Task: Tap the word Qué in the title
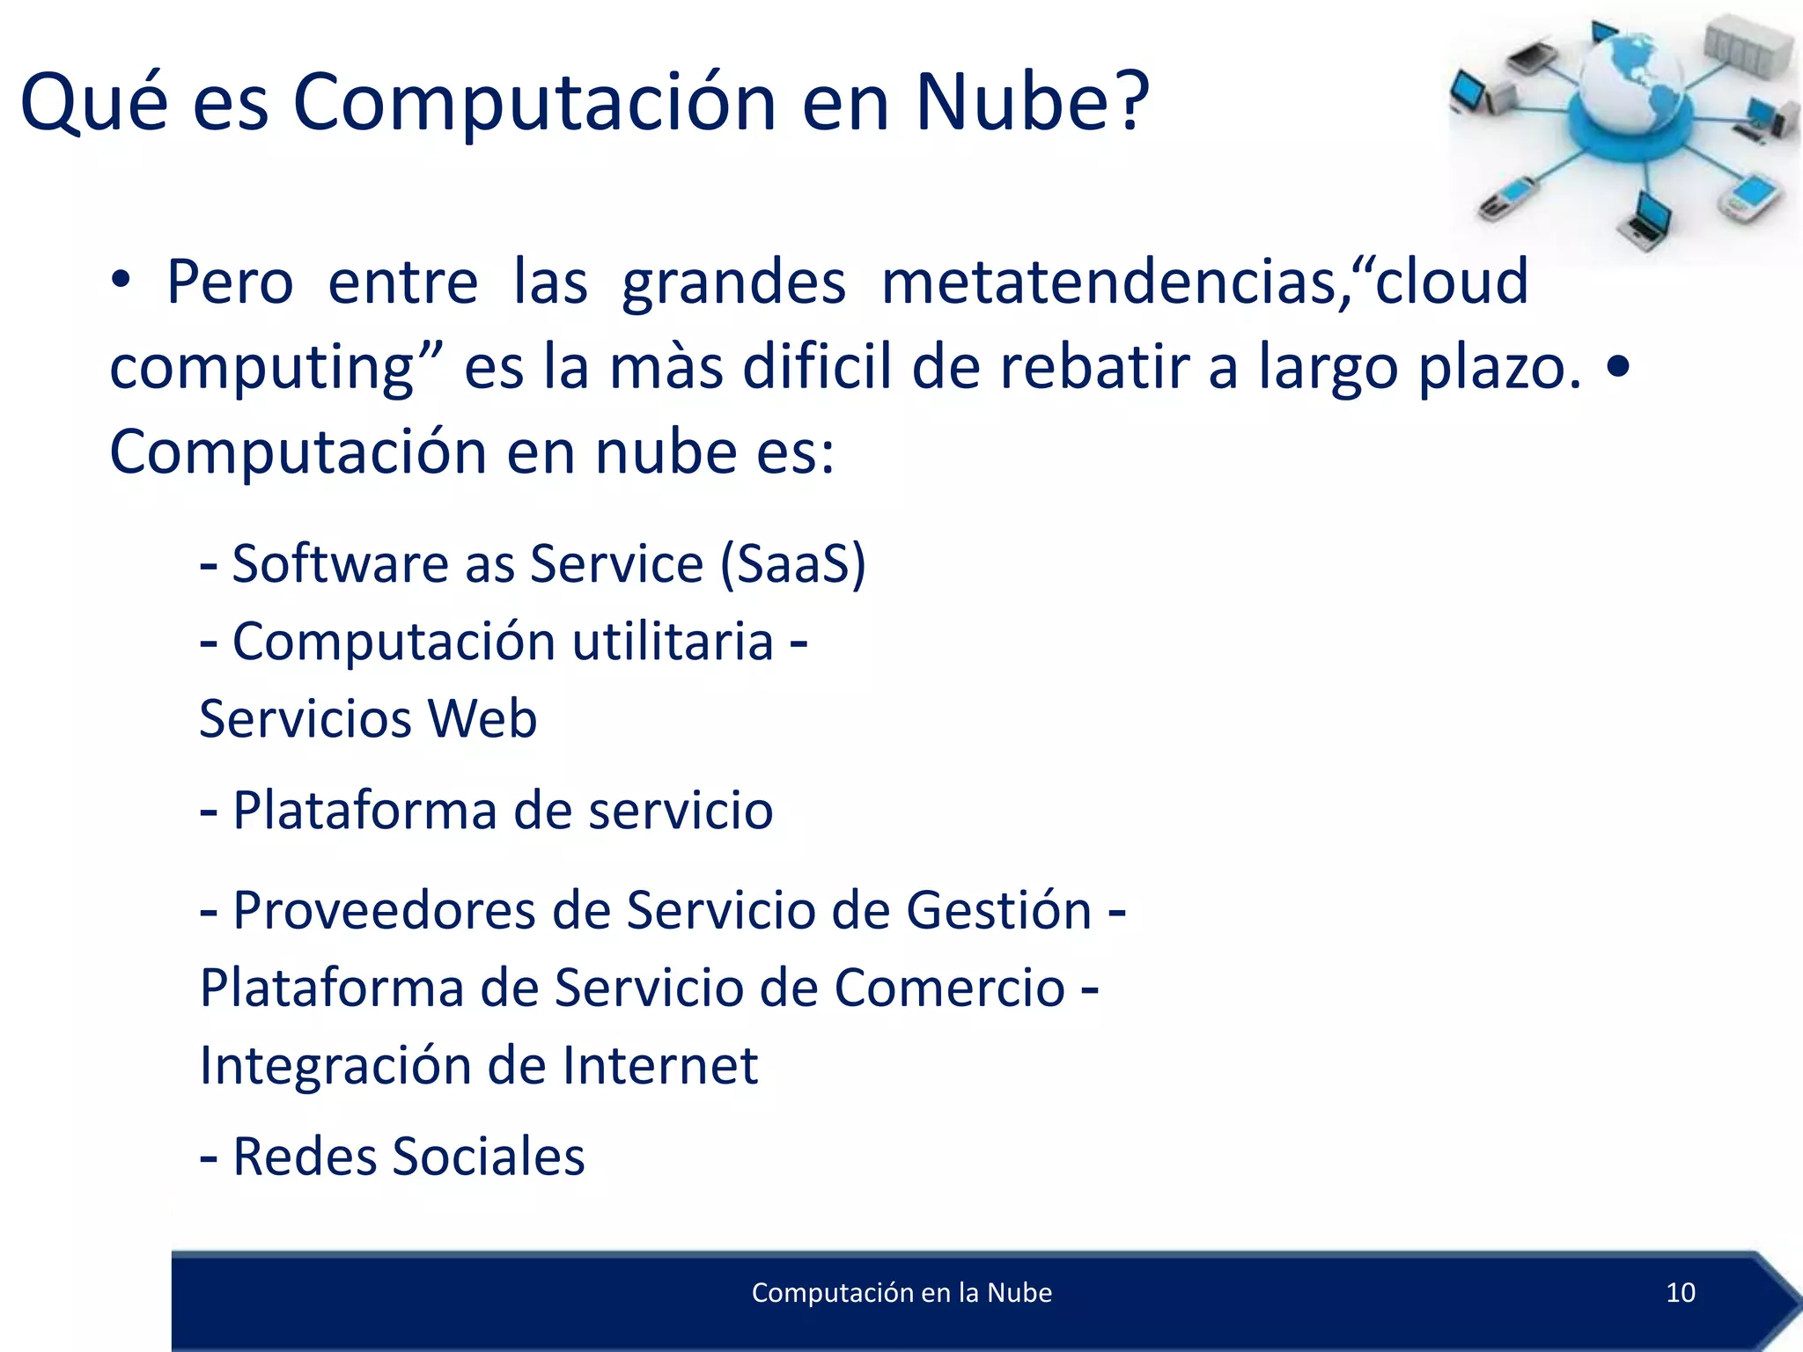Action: click(93, 104)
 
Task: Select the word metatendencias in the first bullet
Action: click(1109, 283)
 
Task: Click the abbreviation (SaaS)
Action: click(792, 563)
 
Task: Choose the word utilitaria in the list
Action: click(673, 641)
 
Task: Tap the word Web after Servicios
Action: click(482, 718)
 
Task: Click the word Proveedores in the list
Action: click(384, 910)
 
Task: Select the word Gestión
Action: click(998, 910)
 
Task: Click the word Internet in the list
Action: click(659, 1066)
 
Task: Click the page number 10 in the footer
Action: click(1680, 1292)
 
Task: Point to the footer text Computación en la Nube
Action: click(901, 1292)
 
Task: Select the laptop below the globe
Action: click(1646, 220)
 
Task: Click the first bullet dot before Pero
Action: click(121, 282)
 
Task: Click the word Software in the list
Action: click(340, 563)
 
